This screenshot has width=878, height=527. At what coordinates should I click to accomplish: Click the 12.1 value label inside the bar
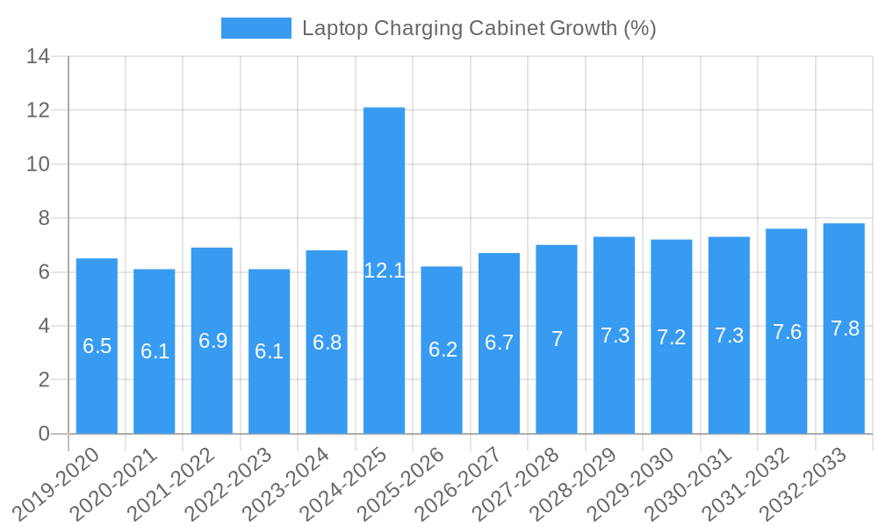pyautogui.click(x=384, y=271)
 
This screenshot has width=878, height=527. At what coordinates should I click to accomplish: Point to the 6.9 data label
pyautogui.click(x=212, y=341)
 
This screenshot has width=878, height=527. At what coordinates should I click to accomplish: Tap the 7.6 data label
pyautogui.click(x=787, y=332)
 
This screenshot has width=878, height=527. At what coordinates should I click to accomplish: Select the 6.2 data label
pyautogui.click(x=443, y=350)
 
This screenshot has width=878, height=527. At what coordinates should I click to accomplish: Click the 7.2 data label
pyautogui.click(x=672, y=337)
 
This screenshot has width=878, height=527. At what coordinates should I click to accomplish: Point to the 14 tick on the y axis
pyautogui.click(x=38, y=57)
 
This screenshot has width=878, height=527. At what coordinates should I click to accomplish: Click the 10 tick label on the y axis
pyautogui.click(x=38, y=164)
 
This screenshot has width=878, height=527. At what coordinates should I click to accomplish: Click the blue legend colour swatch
pyautogui.click(x=255, y=28)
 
